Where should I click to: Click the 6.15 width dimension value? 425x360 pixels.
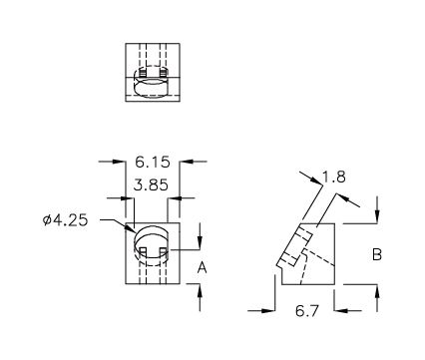pos(153,162)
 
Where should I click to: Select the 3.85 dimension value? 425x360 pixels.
pos(151,184)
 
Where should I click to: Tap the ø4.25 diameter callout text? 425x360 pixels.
pos(66,220)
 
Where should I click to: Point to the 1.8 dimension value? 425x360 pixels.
pos(334,177)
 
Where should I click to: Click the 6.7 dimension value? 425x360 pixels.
pos(307,311)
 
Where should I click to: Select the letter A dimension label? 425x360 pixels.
pos(202,267)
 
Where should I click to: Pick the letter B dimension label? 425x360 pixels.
pos(377,255)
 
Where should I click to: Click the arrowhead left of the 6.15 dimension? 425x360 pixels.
pos(119,162)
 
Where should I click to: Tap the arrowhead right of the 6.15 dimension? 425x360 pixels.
pos(187,162)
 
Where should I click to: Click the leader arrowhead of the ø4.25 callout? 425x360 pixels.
pos(129,227)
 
